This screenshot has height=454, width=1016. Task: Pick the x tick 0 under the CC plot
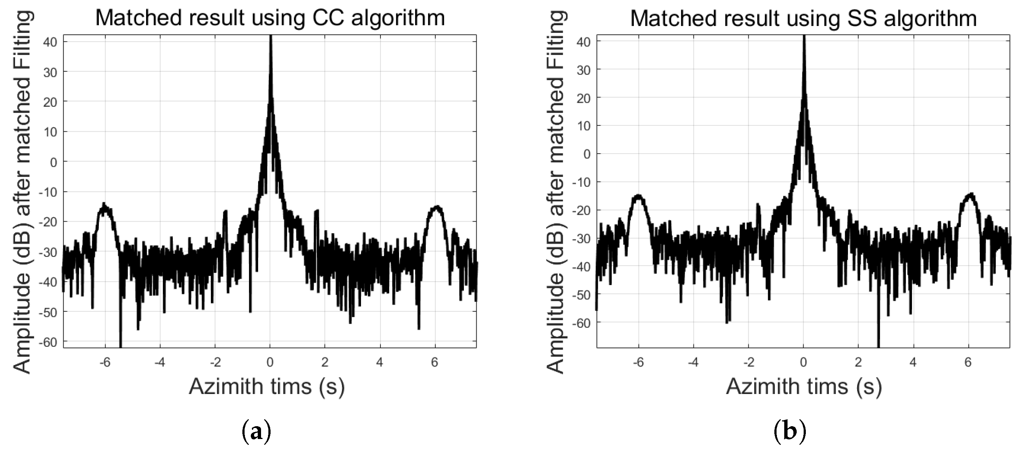(x=270, y=362)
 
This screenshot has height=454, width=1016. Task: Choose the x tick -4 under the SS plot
(x=693, y=362)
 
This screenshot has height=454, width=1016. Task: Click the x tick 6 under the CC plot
(x=435, y=362)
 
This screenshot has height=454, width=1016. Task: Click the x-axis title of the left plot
(x=267, y=387)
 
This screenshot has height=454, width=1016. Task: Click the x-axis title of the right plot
(x=803, y=387)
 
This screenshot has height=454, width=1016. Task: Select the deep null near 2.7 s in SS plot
(x=878, y=339)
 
